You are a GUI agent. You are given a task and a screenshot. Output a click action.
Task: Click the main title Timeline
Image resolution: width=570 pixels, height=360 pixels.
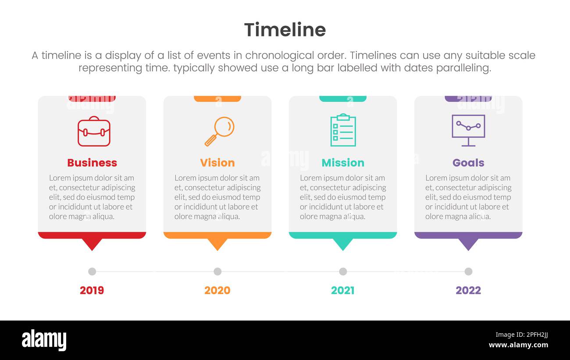(x=285, y=30)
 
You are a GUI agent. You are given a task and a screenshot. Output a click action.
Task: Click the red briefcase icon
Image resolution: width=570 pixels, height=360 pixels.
(x=94, y=131)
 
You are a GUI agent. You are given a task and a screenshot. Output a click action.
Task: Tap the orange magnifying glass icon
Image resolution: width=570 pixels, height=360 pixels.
(x=219, y=131)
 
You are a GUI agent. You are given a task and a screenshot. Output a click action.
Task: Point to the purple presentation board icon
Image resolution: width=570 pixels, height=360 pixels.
(x=468, y=130)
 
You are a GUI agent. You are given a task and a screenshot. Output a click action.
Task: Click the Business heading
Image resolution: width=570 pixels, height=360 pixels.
(x=92, y=163)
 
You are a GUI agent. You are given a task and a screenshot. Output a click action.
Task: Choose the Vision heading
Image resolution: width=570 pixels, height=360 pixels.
(x=217, y=163)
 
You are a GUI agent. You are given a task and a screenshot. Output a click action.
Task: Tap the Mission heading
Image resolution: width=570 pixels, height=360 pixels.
(x=343, y=163)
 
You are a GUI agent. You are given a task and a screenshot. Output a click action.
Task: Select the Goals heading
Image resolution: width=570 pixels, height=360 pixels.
(x=468, y=163)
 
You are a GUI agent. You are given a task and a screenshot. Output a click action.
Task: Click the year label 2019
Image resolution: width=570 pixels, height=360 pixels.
(x=92, y=290)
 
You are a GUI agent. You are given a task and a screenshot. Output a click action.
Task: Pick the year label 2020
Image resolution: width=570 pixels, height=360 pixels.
(x=217, y=290)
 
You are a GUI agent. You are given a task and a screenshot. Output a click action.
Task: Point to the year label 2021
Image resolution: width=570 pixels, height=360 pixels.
(x=343, y=290)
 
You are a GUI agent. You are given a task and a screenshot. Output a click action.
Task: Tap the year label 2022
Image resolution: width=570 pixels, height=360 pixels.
(x=468, y=290)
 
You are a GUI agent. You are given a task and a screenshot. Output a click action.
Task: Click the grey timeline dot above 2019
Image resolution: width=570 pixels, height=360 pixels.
(x=92, y=271)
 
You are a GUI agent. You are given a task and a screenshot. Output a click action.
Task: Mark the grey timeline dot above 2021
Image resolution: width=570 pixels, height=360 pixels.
(x=343, y=271)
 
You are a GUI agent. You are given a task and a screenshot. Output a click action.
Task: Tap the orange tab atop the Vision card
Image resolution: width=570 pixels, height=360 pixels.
(x=217, y=99)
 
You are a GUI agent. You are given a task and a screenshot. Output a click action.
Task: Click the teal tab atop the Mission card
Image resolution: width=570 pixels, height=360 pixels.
(x=343, y=99)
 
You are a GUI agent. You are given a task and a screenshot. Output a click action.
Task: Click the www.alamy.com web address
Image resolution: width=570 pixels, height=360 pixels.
(x=518, y=345)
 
